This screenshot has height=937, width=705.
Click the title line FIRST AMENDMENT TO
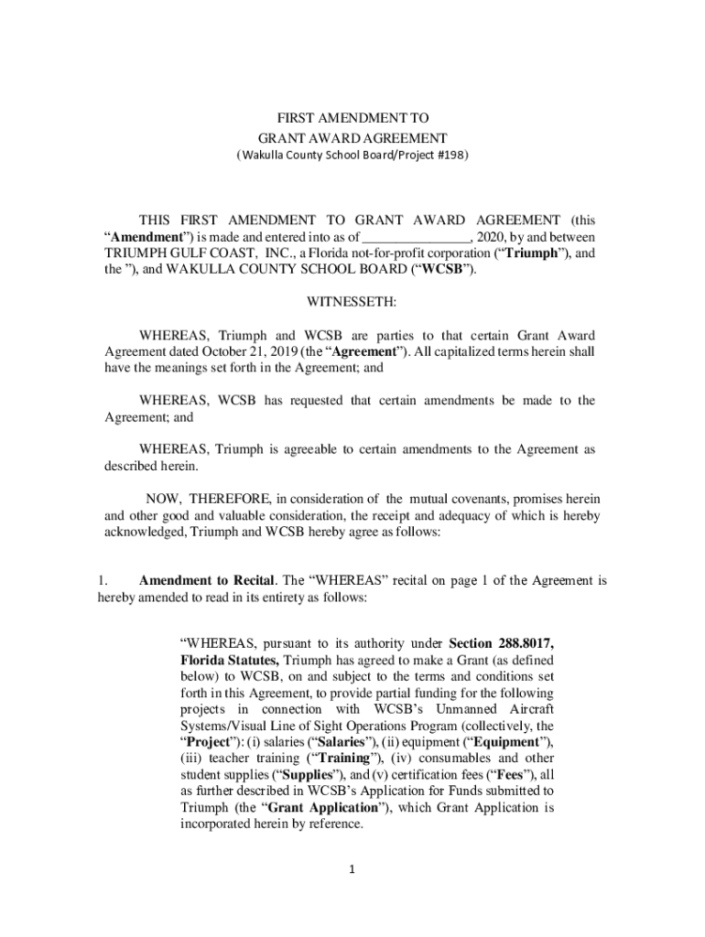coord(352,119)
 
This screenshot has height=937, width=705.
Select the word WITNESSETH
coord(352,301)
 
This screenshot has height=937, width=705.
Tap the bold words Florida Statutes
coord(230,659)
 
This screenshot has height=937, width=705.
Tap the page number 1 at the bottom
coord(351,868)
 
